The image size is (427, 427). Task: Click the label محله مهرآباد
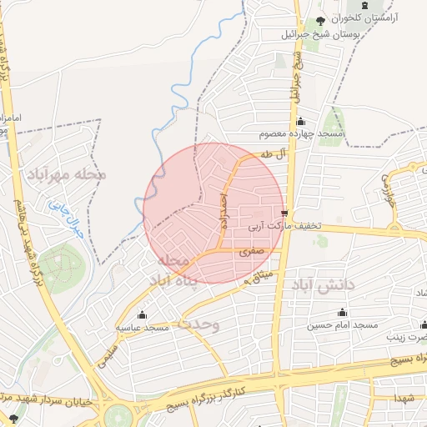point(68,174)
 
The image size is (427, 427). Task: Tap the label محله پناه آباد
point(173,272)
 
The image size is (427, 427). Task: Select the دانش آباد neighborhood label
point(324,285)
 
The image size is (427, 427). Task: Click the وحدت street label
point(198,324)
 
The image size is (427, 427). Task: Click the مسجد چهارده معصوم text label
point(295,134)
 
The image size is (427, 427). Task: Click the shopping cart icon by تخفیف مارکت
point(285,213)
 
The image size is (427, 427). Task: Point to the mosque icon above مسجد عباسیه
point(142,315)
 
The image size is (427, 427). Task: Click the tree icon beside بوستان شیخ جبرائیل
point(319,22)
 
